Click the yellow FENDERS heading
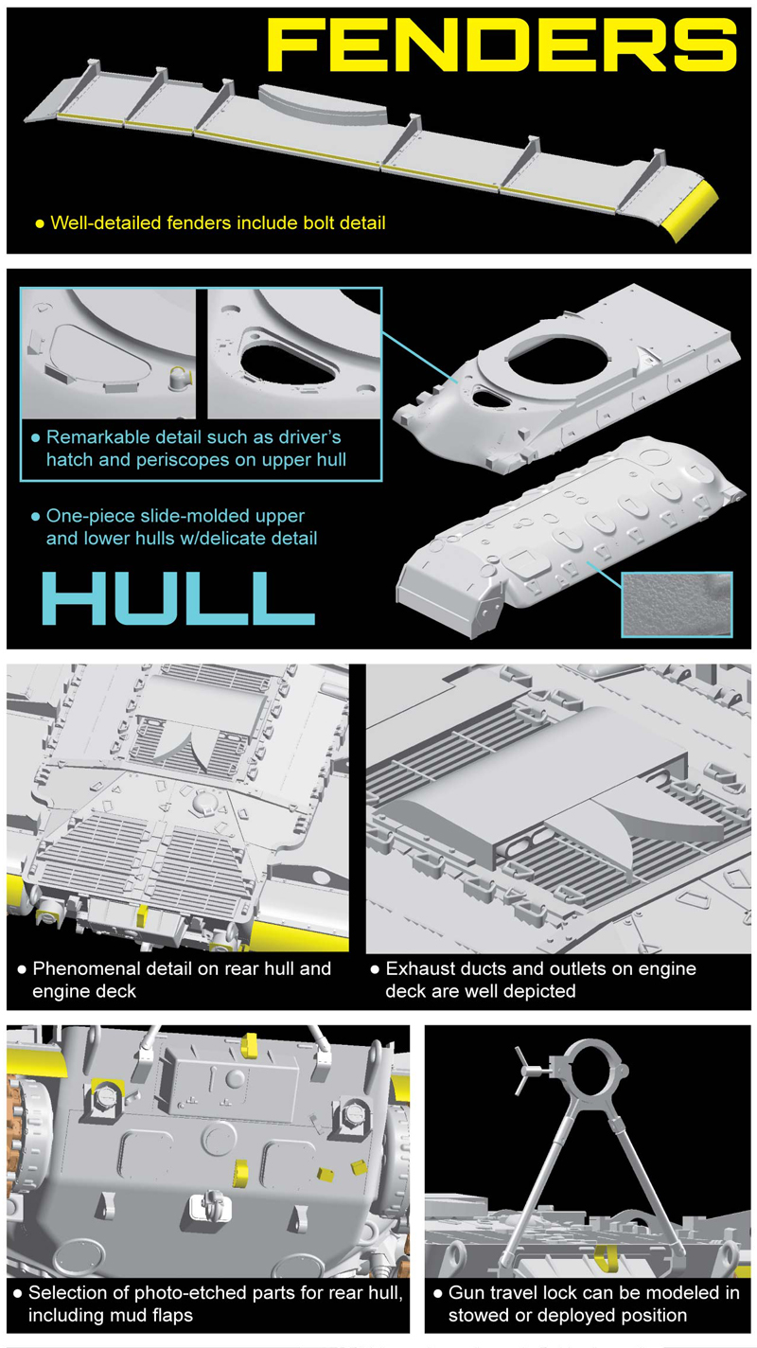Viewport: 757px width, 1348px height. [x=502, y=44]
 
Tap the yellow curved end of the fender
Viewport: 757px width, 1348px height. [x=692, y=210]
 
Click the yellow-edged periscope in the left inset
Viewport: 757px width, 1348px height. [x=181, y=379]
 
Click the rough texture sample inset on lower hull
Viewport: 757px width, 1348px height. [x=677, y=604]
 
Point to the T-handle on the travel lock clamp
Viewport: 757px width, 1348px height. [x=528, y=1071]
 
